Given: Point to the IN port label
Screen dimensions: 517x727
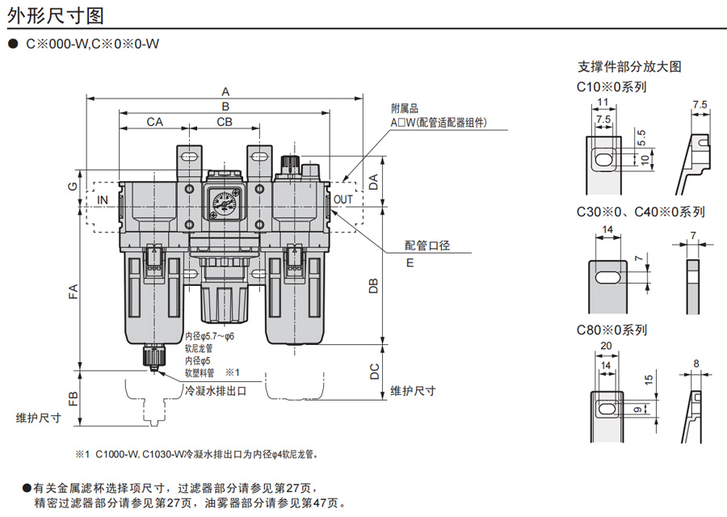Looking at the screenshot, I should (x=103, y=200).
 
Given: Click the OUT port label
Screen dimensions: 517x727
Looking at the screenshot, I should (x=343, y=200).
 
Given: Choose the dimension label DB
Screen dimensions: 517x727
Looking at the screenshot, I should (x=373, y=286).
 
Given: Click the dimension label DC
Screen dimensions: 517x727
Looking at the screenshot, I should (x=373, y=372).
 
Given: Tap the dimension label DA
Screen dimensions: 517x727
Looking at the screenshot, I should (x=373, y=182).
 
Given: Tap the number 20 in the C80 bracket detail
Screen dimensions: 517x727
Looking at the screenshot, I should (x=606, y=346).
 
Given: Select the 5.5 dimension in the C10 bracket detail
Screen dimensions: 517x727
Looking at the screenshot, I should (x=641, y=136).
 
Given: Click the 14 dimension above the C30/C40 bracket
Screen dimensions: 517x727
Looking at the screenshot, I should (x=607, y=230).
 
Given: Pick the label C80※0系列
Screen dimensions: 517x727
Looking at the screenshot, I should (x=611, y=330).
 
